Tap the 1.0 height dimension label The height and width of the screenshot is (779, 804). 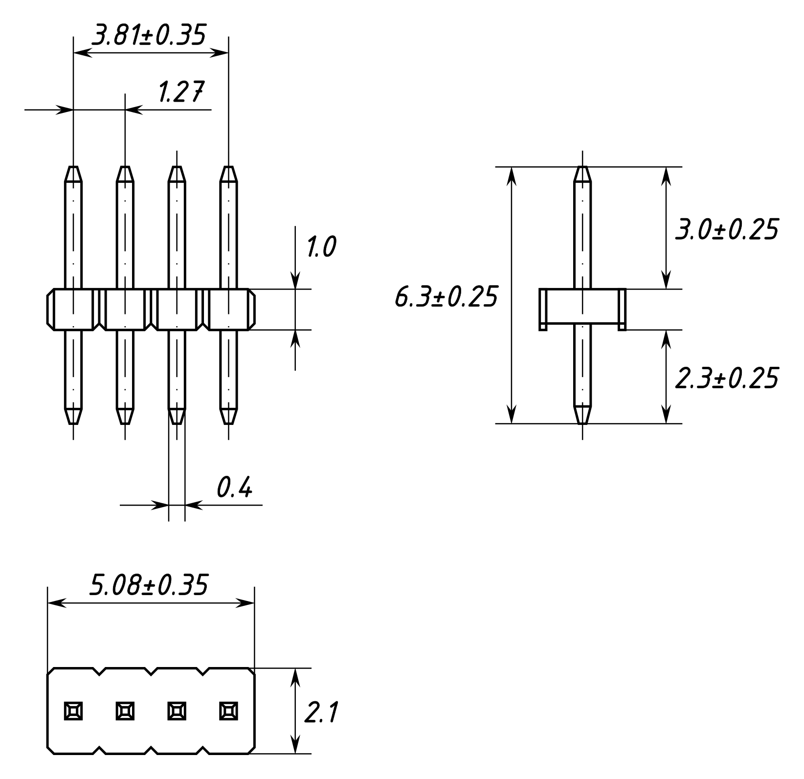coord(321,247)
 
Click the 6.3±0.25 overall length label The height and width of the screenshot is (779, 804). coord(446,297)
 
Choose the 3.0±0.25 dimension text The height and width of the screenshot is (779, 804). coord(726,229)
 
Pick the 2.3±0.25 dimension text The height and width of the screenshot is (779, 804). coord(726,378)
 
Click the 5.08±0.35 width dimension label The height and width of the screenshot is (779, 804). coord(149,585)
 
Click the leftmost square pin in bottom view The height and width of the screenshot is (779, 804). coord(73,711)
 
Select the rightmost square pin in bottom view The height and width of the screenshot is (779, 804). coord(228,711)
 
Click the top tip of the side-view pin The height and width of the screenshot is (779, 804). coord(582,169)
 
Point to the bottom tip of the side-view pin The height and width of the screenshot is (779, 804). coord(582,421)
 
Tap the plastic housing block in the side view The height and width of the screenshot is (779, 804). coord(582,309)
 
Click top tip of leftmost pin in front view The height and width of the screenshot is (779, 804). coord(73,169)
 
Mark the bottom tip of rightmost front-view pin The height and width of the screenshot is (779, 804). coord(228,421)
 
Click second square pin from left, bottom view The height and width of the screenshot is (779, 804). coord(125,711)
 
